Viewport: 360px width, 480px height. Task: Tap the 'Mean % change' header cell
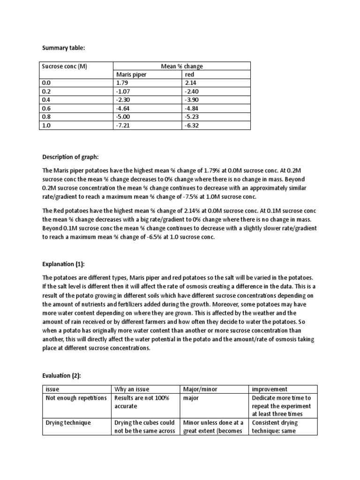point(182,66)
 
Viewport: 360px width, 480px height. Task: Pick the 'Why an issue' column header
point(132,389)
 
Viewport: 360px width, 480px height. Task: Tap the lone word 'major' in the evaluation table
point(191,397)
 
